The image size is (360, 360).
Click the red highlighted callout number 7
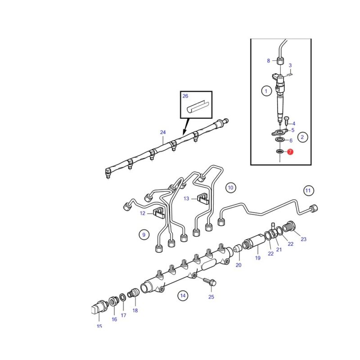(x=290, y=152)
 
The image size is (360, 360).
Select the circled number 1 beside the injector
(x=266, y=91)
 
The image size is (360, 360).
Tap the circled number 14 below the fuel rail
(x=183, y=296)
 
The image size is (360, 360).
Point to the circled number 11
(x=308, y=190)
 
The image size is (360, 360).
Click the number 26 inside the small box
(x=185, y=96)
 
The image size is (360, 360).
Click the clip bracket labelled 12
(x=159, y=212)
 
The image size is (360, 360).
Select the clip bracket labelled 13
(x=203, y=199)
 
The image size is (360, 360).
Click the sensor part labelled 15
(x=99, y=307)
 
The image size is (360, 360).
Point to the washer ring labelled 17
(x=122, y=297)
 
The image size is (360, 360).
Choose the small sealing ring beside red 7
(x=279, y=151)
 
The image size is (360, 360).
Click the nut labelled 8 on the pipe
(x=279, y=61)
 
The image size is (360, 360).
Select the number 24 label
(x=163, y=132)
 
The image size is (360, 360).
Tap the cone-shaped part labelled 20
(x=237, y=248)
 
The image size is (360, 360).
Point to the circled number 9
(x=144, y=234)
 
